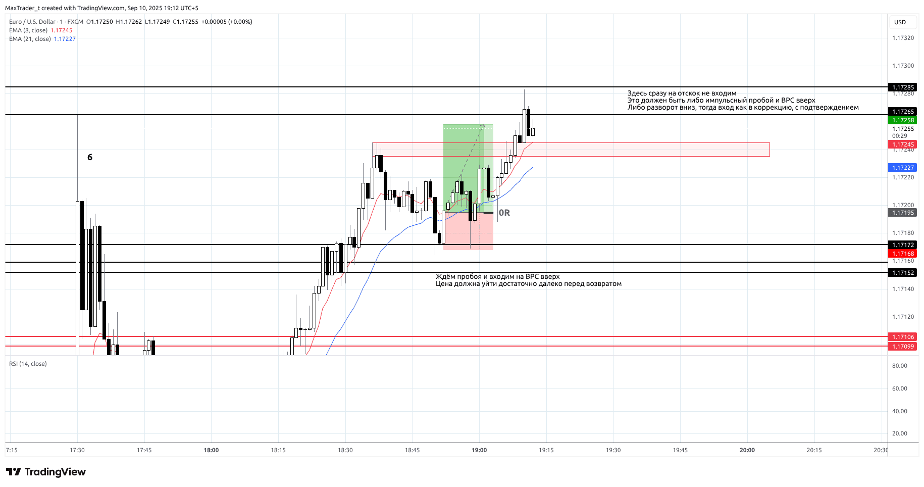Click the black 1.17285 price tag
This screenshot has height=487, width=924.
click(x=903, y=87)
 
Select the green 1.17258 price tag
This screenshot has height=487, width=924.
click(x=903, y=120)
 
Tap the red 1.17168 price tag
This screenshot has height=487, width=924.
click(x=903, y=254)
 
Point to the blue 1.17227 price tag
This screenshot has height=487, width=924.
click(x=903, y=168)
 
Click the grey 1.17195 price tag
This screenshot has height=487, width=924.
click(x=903, y=213)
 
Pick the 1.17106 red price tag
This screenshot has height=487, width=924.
click(x=903, y=337)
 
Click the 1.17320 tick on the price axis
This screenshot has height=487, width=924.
click(x=903, y=38)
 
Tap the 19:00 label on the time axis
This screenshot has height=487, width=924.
click(x=479, y=450)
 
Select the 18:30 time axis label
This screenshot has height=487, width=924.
click(x=345, y=450)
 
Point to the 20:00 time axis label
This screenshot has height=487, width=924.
click(x=747, y=450)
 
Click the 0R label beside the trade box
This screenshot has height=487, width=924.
click(x=504, y=213)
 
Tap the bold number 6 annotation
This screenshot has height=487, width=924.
click(x=90, y=158)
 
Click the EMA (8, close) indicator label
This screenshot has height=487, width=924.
click(x=28, y=30)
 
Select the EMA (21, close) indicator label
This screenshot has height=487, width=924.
click(x=30, y=39)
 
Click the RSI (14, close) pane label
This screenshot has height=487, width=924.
click(x=28, y=364)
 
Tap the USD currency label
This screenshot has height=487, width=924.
click(x=900, y=22)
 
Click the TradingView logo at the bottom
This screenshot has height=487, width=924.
click(x=46, y=472)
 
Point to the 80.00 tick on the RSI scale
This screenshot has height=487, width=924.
click(x=899, y=366)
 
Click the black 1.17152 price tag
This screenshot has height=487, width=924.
click(x=903, y=273)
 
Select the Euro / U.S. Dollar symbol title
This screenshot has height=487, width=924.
click(x=32, y=22)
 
